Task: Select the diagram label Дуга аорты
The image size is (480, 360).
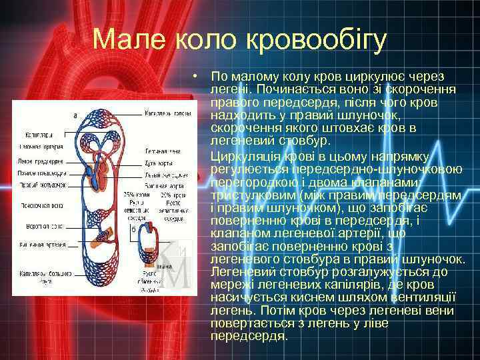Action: coord(158,163)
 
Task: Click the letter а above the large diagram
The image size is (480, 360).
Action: coord(75,115)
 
